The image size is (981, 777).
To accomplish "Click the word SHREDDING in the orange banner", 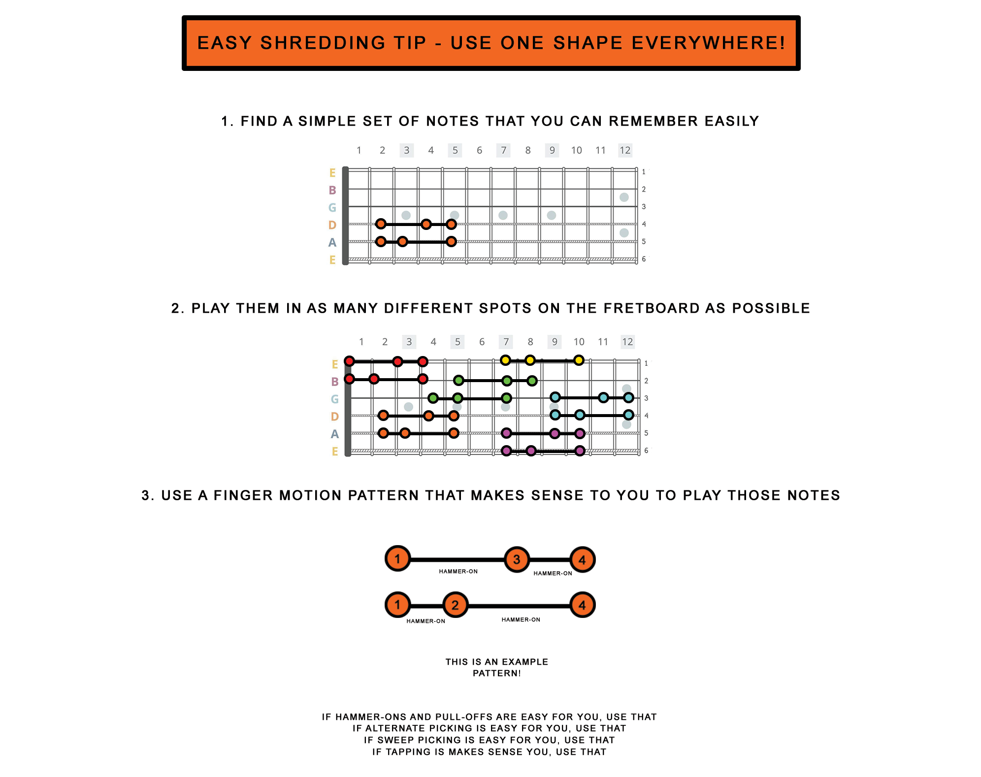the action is coord(322,43).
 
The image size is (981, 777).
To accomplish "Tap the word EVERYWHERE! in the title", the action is coord(708,43).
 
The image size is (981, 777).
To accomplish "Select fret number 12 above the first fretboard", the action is coord(625,150).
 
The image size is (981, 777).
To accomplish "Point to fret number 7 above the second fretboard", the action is coord(506,342).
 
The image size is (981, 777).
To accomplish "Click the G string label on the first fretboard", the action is coord(332,208).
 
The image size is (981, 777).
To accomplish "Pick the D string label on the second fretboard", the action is coord(335,417).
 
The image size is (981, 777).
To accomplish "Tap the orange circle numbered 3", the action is coord(517,559).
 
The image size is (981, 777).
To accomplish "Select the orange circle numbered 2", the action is coord(455,605).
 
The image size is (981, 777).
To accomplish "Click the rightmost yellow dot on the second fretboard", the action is coord(579,360).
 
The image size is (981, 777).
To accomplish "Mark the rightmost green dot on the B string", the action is coord(532,381).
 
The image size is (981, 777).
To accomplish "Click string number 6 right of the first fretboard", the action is coord(644,259).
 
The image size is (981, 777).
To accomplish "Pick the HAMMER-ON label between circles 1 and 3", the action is coord(458,571).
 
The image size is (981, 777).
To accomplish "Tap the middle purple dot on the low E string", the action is coord(531,451).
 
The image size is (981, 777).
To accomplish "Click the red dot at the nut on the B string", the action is coord(349,379).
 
